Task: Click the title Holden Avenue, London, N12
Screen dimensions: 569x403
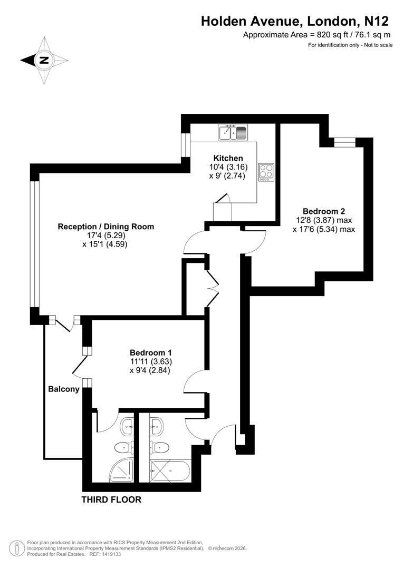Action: (295, 21)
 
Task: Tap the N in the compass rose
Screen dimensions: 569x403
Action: (44, 60)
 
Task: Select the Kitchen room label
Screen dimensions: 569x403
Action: (228, 158)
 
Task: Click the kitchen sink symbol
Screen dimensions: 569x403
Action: (233, 132)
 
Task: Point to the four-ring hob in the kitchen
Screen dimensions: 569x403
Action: (266, 172)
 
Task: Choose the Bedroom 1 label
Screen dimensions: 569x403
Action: (150, 352)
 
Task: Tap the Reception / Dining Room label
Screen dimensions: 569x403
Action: (105, 227)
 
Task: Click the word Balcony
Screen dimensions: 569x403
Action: (63, 389)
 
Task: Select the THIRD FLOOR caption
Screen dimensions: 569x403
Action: (111, 499)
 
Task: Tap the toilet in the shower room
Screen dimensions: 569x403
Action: (122, 447)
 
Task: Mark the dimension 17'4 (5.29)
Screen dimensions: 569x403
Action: (105, 236)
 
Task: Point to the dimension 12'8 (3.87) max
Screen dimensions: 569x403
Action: (323, 220)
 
